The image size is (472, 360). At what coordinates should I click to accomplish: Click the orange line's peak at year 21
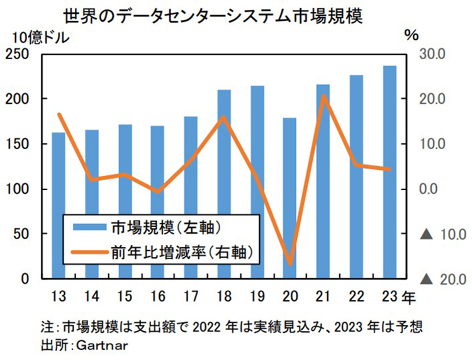323,96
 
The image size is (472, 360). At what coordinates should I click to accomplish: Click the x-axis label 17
191,295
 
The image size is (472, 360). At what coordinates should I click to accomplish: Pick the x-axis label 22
356,295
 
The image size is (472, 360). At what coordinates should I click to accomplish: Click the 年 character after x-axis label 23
408,295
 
